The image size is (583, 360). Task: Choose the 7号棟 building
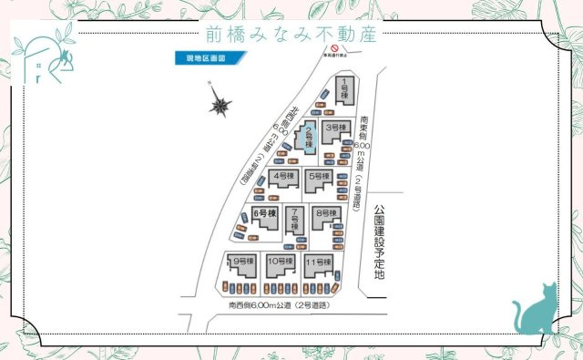[x=294, y=219]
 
